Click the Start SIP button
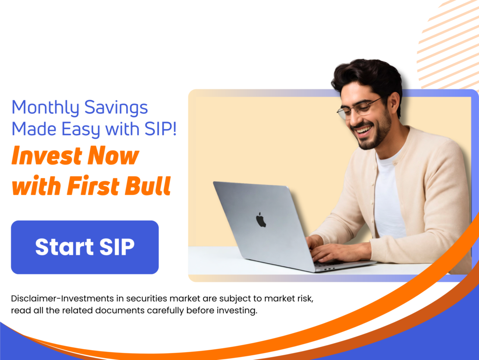pyautogui.click(x=85, y=247)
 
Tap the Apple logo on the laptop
pyautogui.click(x=261, y=220)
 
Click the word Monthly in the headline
pyautogui.click(x=45, y=108)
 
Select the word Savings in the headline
pyautogui.click(x=116, y=108)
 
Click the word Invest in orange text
pyautogui.click(x=47, y=156)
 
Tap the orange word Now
pyautogui.click(x=113, y=156)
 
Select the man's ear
pyautogui.click(x=393, y=104)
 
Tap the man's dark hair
pyautogui.click(x=370, y=76)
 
